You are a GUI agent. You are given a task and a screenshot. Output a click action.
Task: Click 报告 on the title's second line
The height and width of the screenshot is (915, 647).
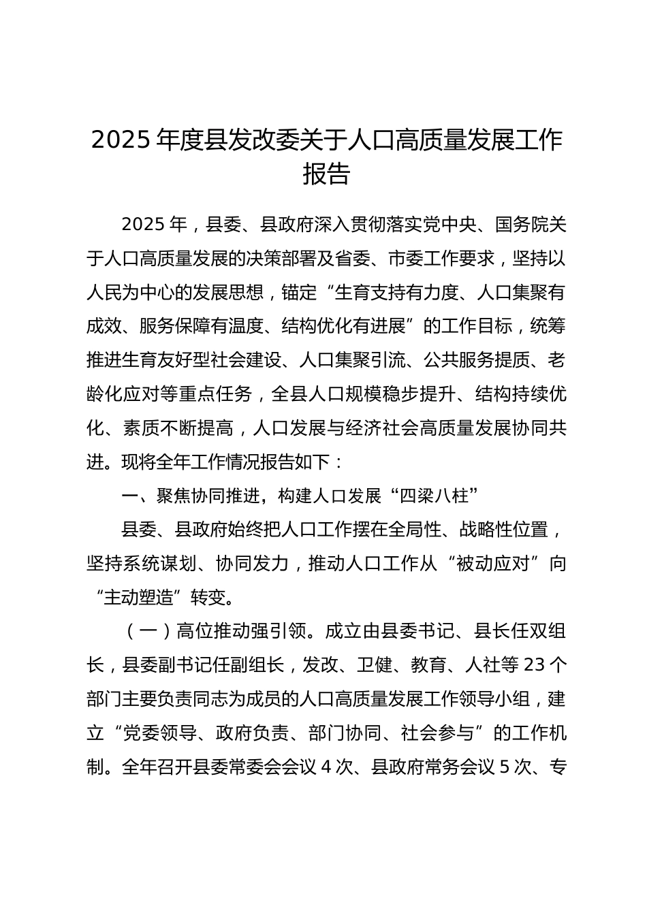coord(326,174)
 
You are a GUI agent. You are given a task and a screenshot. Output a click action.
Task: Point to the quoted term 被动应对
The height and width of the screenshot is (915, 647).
coord(494,564)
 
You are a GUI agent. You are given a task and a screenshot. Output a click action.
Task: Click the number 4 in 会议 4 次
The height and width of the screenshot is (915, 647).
coord(326,767)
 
